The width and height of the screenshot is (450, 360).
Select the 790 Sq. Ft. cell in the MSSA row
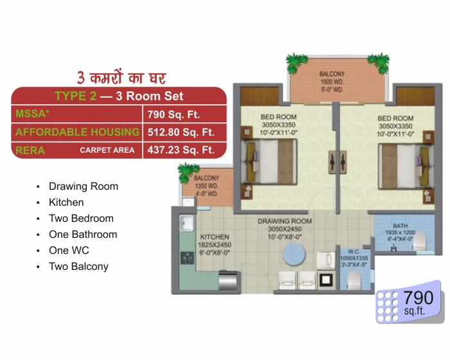coord(174,115)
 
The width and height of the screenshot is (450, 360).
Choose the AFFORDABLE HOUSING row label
coord(77,132)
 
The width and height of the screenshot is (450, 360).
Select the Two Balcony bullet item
coord(78,266)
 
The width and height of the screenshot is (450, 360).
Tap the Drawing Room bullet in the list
coord(84,186)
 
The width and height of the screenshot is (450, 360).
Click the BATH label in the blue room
coord(400,226)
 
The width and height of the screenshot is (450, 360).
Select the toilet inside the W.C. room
coord(352,278)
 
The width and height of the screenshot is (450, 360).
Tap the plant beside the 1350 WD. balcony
coord(188,172)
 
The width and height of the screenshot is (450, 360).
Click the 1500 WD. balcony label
coord(332,82)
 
